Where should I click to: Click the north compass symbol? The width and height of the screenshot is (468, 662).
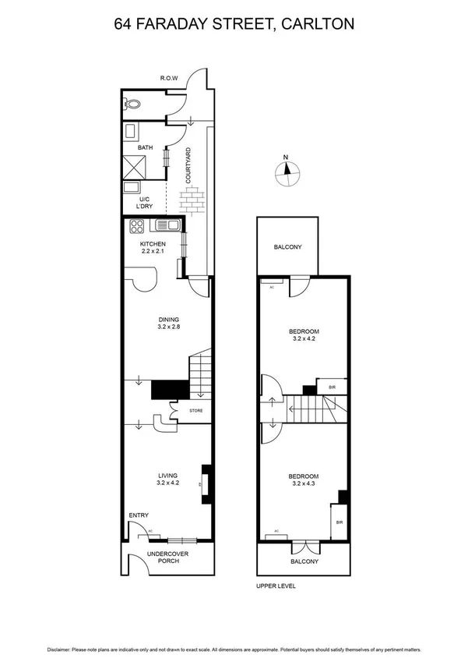click(x=286, y=172)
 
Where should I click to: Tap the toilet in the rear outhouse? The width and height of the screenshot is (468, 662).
click(x=132, y=102)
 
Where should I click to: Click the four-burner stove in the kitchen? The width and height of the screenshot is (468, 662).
click(x=137, y=226)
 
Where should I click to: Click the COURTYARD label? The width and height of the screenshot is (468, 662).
click(x=188, y=167)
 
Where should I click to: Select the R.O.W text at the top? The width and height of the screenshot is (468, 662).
click(x=169, y=78)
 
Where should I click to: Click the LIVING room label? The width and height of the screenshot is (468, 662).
click(x=168, y=476)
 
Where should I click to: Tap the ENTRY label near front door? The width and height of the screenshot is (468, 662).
click(x=139, y=515)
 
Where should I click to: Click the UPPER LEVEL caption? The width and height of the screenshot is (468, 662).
click(x=276, y=586)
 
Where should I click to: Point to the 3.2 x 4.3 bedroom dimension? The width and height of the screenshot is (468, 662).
click(x=304, y=485)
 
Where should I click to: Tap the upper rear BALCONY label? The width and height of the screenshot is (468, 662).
click(x=287, y=247)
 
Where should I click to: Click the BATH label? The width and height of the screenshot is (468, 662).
click(x=145, y=147)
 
